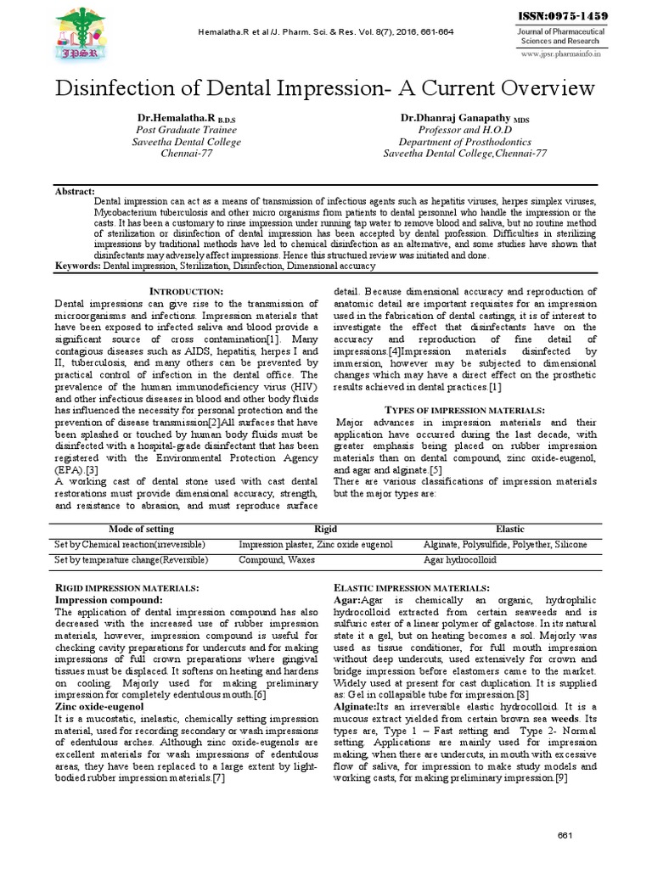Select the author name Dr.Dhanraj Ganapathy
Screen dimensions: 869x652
(462, 116)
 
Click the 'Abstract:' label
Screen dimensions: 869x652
(75, 192)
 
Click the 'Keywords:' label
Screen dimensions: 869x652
(77, 266)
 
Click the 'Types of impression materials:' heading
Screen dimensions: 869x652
(464, 410)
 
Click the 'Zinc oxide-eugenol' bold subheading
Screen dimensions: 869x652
(99, 706)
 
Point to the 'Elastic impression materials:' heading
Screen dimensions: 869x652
(412, 587)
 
